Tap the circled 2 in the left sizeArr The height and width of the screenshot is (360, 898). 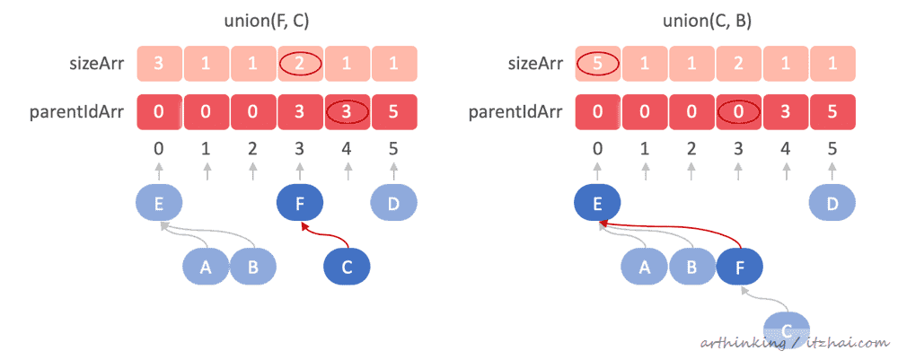(300, 65)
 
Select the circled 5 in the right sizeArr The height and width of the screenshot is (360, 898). (597, 65)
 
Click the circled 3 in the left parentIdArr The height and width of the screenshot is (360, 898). (347, 113)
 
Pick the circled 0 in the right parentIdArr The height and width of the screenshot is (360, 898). (737, 113)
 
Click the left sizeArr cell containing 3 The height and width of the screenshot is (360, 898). (160, 65)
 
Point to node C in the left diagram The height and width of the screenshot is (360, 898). (346, 268)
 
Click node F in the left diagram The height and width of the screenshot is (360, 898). (299, 203)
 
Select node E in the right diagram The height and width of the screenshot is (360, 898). (596, 203)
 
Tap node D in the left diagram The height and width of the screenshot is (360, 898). (393, 203)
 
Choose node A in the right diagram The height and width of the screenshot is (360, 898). (644, 267)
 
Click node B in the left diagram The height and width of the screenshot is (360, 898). (252, 268)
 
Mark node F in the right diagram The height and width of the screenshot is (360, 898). (739, 267)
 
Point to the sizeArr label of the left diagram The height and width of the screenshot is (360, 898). (84, 65)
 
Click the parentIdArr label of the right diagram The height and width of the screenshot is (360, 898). (516, 113)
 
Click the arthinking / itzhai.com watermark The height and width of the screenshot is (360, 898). (790, 342)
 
